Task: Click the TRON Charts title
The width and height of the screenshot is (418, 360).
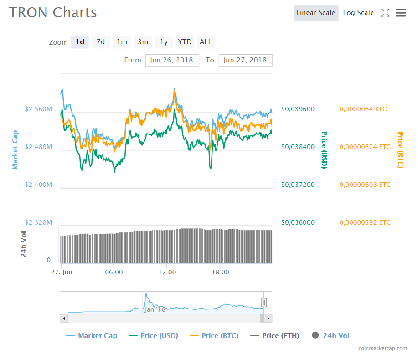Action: (x=53, y=12)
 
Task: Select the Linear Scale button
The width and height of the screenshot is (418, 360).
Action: (x=315, y=13)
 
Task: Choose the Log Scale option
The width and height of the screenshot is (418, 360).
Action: (x=358, y=13)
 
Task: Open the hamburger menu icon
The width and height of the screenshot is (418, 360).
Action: (x=401, y=13)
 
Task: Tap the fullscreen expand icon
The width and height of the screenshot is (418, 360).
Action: (x=385, y=13)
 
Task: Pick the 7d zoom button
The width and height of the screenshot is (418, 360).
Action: (x=101, y=42)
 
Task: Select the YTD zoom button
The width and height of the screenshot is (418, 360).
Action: (x=185, y=42)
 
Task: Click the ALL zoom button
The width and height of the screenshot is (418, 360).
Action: (x=206, y=42)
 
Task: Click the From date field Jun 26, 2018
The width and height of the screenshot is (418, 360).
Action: (x=172, y=60)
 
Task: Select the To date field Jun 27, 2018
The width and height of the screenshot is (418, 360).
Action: (x=245, y=60)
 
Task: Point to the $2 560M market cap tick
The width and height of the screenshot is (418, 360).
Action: (x=38, y=109)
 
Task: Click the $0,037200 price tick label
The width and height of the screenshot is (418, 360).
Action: (x=298, y=185)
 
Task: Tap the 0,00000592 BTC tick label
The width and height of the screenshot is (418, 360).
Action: (x=365, y=222)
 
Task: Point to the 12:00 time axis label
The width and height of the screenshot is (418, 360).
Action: (x=167, y=272)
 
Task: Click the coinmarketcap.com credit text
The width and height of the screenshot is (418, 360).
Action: (x=383, y=348)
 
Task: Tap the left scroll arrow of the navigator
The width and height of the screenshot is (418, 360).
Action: (x=64, y=318)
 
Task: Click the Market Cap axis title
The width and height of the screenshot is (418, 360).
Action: (x=15, y=149)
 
